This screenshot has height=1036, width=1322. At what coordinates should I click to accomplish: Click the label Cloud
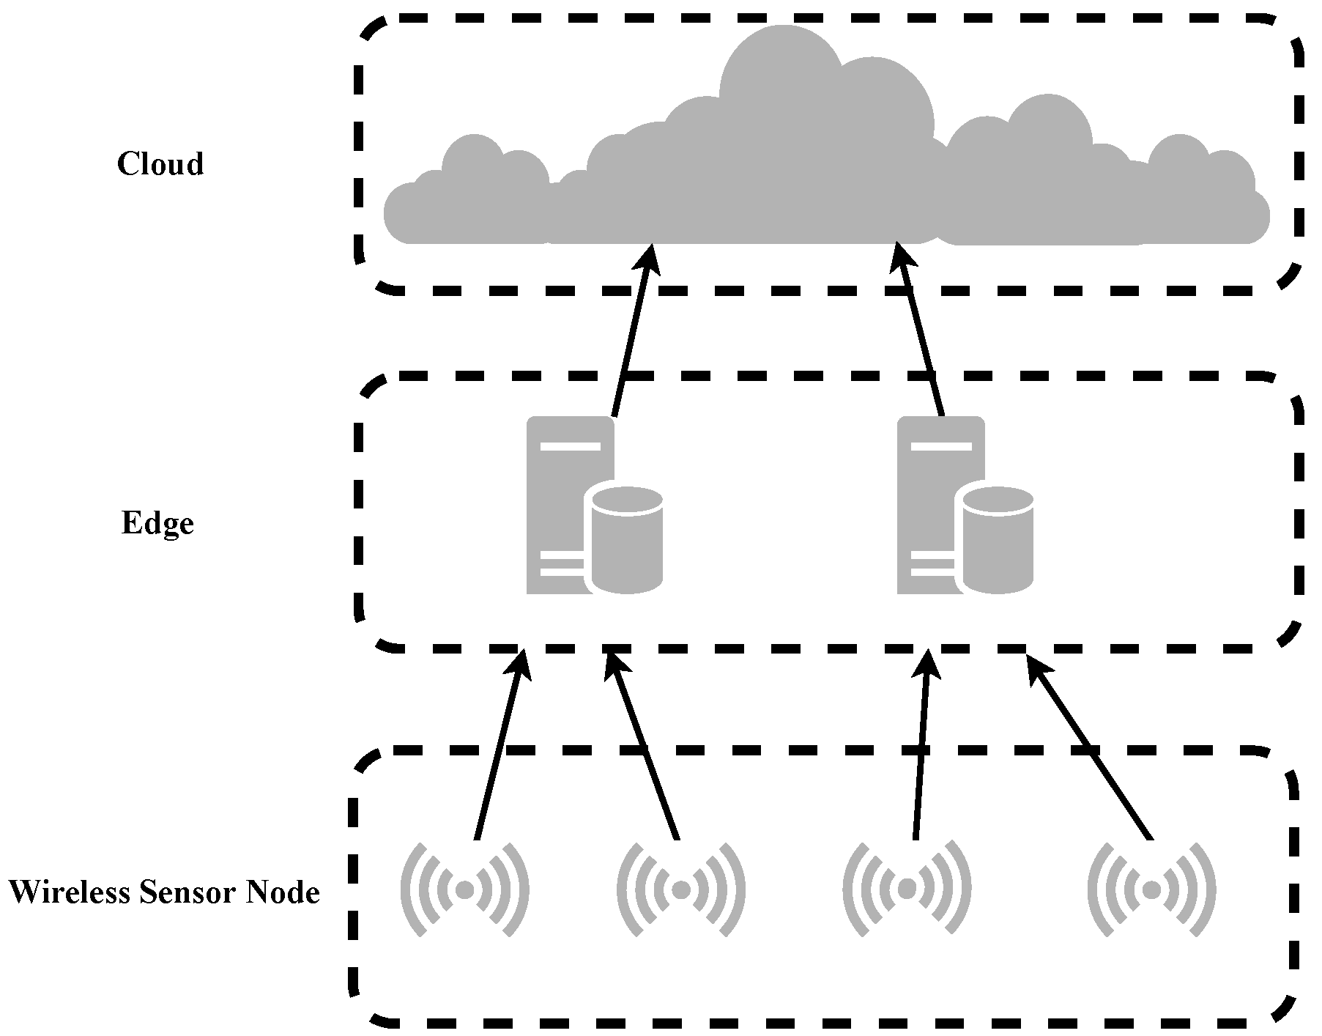pos(160,163)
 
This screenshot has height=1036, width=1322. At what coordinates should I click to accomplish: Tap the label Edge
pos(157,523)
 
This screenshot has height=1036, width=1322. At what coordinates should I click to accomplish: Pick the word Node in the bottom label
pos(283,892)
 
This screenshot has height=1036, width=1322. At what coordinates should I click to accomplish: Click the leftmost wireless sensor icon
pos(464,889)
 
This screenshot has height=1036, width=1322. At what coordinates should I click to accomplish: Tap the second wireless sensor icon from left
pos(681,889)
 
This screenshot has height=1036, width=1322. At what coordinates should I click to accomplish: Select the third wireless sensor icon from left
pos(907,889)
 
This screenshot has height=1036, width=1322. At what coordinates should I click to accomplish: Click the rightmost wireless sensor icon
pos(1151,889)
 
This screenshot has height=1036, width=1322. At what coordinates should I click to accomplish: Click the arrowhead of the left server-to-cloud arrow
pos(649,256)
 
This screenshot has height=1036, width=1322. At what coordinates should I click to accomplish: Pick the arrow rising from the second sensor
pos(645,747)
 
